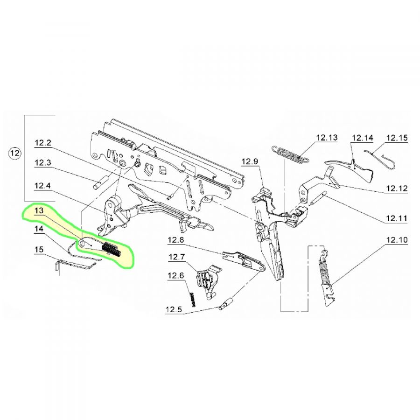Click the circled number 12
[14, 154]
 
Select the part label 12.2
[42, 143]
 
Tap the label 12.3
[42, 163]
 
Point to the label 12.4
[42, 186]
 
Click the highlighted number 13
[39, 210]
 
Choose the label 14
[39, 229]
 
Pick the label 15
[39, 250]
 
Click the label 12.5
[174, 310]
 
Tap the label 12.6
[176, 276]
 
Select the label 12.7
[177, 258]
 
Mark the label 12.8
[176, 240]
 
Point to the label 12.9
[250, 162]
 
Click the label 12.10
[397, 240]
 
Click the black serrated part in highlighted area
[112, 249]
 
